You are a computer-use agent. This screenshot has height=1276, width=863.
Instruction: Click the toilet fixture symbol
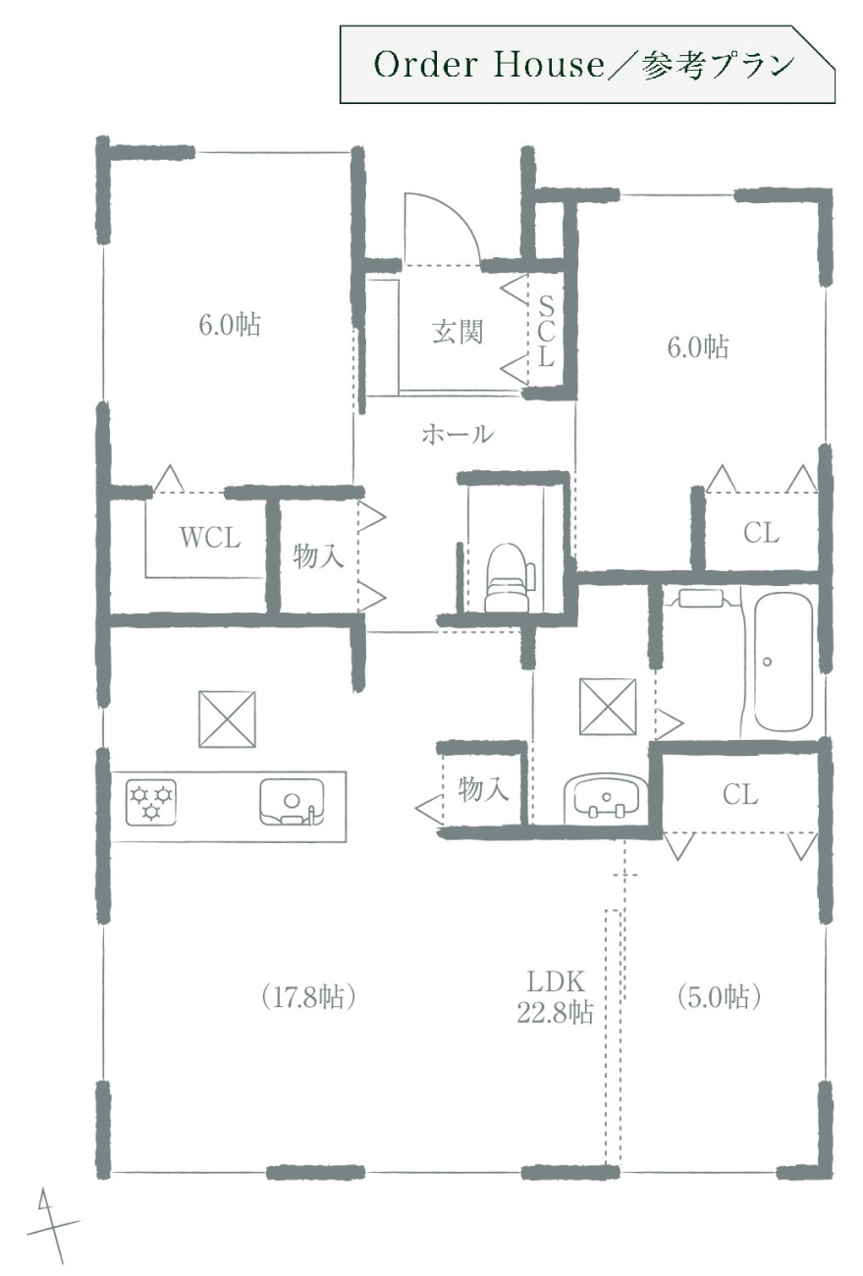[x=510, y=577]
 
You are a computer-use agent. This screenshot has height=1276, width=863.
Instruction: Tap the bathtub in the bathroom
[x=782, y=662]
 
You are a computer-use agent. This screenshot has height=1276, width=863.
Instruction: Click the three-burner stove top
[x=150, y=802]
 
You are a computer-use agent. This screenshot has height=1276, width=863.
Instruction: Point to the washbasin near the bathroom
[x=605, y=796]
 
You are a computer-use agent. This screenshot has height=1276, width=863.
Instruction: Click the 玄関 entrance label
[x=458, y=332]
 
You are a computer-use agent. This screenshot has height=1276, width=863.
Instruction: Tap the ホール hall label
[x=457, y=435]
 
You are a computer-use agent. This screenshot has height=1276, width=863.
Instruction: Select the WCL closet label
[x=210, y=537]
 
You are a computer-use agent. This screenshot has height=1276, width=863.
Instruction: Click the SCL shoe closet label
[x=546, y=332]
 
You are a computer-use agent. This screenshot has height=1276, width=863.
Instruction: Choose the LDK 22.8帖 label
[x=556, y=996]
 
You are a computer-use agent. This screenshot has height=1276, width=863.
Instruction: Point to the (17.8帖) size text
[x=308, y=997]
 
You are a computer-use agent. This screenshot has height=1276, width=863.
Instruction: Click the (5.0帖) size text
[x=719, y=997]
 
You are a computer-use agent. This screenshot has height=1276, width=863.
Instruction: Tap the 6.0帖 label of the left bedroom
[x=230, y=325]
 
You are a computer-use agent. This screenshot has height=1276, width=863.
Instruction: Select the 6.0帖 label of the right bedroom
[x=698, y=346]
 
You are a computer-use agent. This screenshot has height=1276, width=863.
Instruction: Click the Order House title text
[x=489, y=64]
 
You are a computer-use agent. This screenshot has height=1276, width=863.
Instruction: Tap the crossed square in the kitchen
[x=227, y=718]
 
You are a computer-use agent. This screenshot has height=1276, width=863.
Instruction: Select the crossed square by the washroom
[x=608, y=707]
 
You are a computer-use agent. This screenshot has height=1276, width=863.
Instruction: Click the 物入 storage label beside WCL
[x=318, y=556]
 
